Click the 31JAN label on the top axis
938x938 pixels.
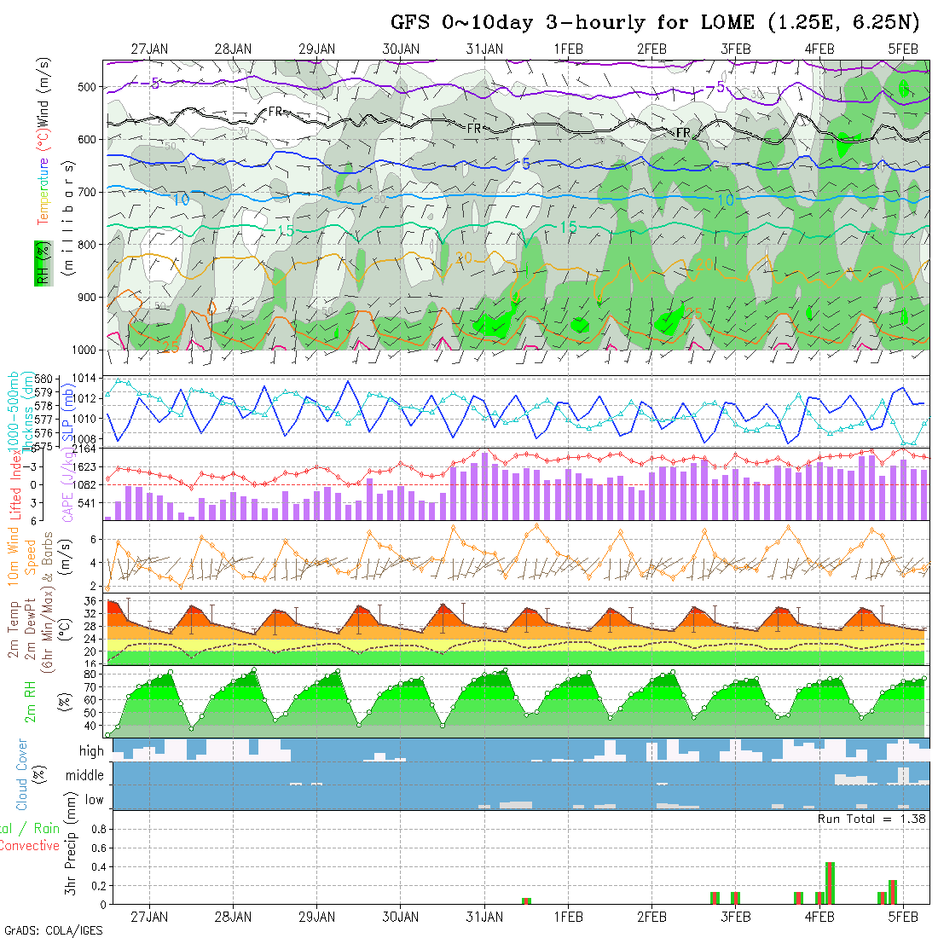(484, 49)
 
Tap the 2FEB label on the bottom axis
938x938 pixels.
(651, 917)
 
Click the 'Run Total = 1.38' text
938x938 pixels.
(871, 819)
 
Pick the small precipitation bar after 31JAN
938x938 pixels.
(526, 900)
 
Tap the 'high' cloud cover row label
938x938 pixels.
(91, 751)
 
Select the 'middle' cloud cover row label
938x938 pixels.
(85, 775)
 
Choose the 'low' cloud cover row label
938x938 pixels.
(94, 800)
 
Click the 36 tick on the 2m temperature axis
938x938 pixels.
(90, 601)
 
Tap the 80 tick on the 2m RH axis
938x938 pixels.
(90, 674)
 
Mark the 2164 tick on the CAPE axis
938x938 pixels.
(84, 449)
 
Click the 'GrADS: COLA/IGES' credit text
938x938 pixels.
(53, 930)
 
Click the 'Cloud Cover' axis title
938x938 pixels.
(22, 775)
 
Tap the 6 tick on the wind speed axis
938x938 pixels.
(95, 539)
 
